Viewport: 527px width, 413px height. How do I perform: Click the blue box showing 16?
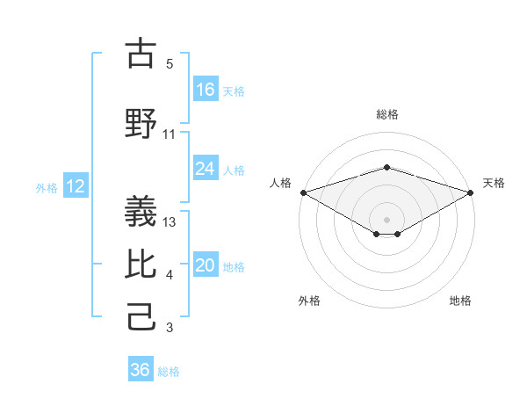(206, 90)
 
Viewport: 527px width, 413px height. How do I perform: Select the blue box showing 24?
(206, 169)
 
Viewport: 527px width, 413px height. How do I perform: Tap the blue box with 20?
(206, 266)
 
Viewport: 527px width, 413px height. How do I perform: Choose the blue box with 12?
(76, 186)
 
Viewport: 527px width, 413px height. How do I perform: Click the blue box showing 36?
(141, 370)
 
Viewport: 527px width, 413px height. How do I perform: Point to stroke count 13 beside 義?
(170, 221)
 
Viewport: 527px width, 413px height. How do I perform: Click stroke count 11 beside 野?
(170, 134)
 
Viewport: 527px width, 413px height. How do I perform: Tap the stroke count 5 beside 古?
(170, 64)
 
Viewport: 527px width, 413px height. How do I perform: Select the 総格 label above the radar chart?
(387, 114)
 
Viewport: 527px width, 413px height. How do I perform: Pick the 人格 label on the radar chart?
(281, 183)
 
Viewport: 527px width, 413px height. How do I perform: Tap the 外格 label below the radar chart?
(309, 301)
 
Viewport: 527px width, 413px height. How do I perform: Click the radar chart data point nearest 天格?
(471, 192)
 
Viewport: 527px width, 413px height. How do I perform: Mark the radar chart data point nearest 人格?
(303, 192)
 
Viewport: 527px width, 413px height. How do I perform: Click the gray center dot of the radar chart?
(387, 219)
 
